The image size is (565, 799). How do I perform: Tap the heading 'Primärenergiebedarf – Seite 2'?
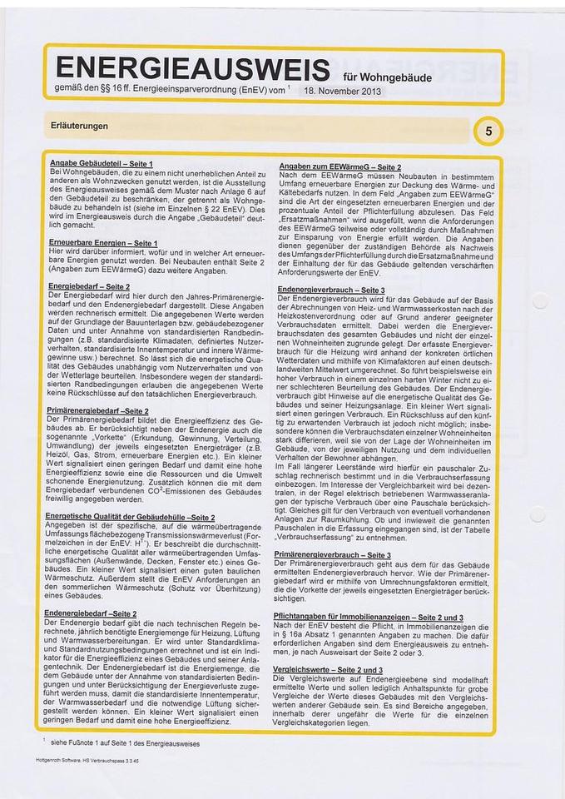pos(98,411)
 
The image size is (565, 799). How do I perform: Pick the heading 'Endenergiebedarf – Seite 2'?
pos(92,614)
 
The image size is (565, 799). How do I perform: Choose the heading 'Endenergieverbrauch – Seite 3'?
pos(331,289)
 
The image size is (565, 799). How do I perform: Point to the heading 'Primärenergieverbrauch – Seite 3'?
pos(333,554)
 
